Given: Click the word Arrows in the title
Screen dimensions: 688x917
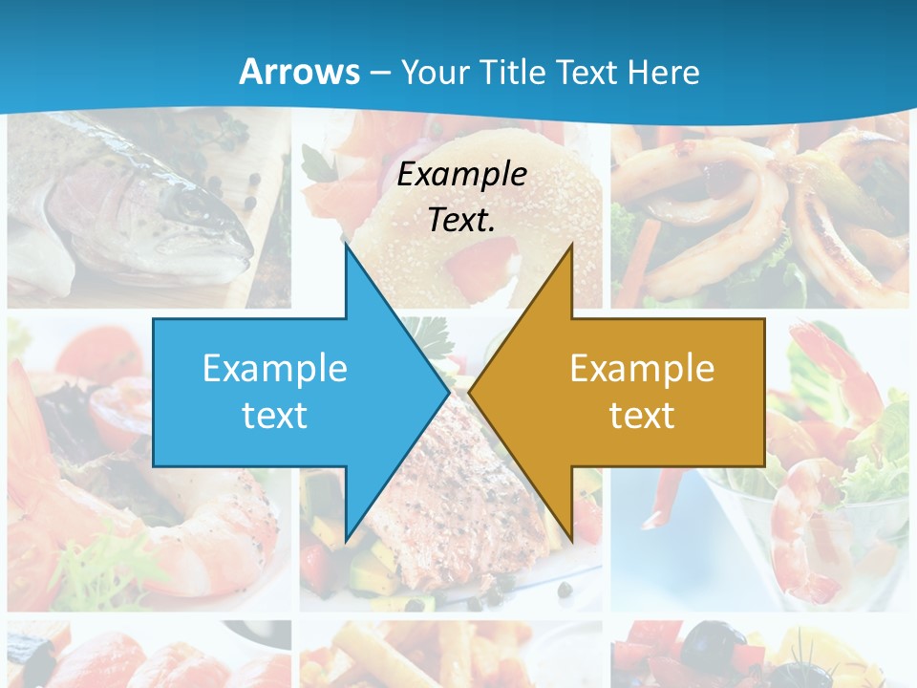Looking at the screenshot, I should pos(300,72).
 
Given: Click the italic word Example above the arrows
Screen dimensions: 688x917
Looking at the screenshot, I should pos(461,174).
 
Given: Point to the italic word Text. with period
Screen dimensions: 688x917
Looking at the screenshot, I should pos(461,221).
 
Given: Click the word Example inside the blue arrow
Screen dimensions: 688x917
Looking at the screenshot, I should pos(275,368).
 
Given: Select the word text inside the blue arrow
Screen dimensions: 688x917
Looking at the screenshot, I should pos(275,415).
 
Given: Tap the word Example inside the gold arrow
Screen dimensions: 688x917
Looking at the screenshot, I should pos(642,368).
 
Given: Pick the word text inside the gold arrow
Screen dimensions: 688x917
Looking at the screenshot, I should pos(642,415).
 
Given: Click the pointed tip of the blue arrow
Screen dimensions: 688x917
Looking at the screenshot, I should pos(448,392).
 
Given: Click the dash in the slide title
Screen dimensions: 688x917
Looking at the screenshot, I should pos(379,73).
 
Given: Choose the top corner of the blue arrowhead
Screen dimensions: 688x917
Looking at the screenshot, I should pos(346,246).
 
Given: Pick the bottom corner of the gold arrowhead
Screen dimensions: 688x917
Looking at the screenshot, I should pos(571,540).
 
